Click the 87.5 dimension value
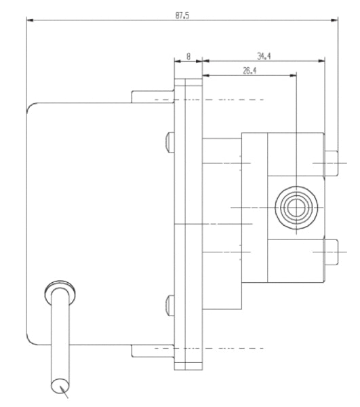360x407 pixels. pos(182,15)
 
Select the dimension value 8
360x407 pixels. pos(188,57)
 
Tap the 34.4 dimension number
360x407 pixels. pos(264,57)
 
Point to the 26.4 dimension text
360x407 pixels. pos(249,70)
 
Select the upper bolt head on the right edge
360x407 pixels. pos(332,163)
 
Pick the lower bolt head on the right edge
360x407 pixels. pos(332,252)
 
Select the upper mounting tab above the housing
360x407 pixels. pos(153,95)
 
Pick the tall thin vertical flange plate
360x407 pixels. pos(188,224)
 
